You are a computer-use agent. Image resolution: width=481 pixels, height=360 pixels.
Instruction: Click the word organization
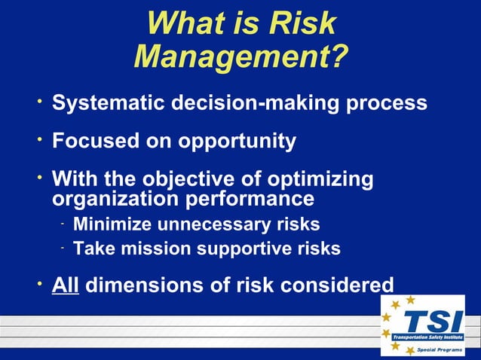point(109,199)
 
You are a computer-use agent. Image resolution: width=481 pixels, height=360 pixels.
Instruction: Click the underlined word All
point(66,285)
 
